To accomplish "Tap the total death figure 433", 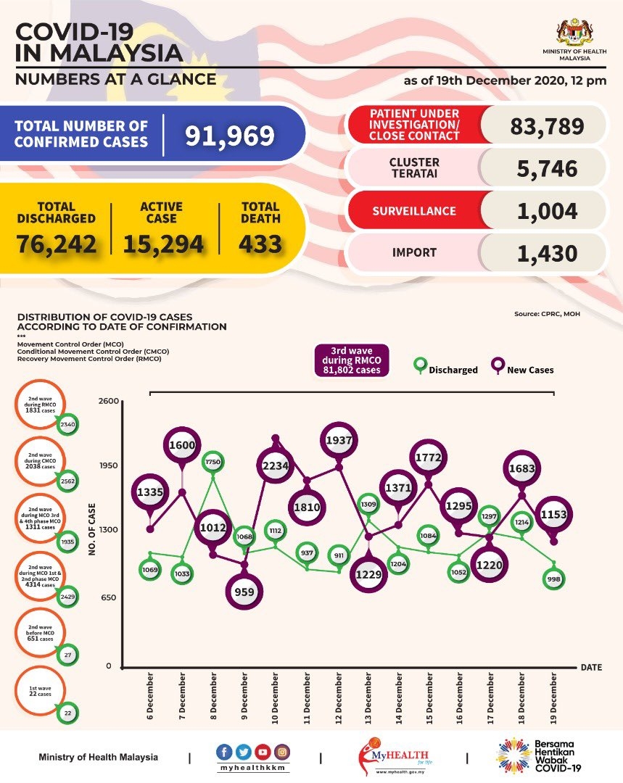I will point(260,244).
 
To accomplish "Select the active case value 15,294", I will point(163,244).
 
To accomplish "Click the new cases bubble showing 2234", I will point(276,466).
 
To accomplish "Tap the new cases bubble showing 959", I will point(244,590).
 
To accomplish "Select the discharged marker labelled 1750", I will point(213,461).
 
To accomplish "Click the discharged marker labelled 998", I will point(554,578).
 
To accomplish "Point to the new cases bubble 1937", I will point(339,440).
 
